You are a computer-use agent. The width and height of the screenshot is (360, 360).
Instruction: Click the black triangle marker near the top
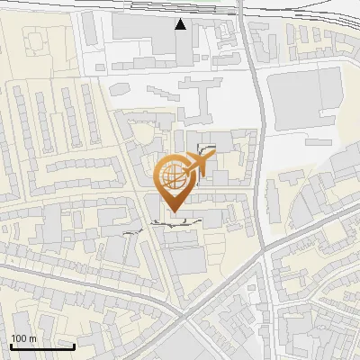(x=181, y=24)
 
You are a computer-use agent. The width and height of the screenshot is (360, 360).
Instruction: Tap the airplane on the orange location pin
(x=198, y=164)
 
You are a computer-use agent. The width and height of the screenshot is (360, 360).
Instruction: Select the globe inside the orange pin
(x=173, y=176)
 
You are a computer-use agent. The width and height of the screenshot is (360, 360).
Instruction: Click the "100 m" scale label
(x=23, y=338)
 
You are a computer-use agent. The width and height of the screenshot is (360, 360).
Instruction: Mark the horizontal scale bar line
(x=41, y=347)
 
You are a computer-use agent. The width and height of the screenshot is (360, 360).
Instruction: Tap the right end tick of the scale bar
(x=74, y=346)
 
